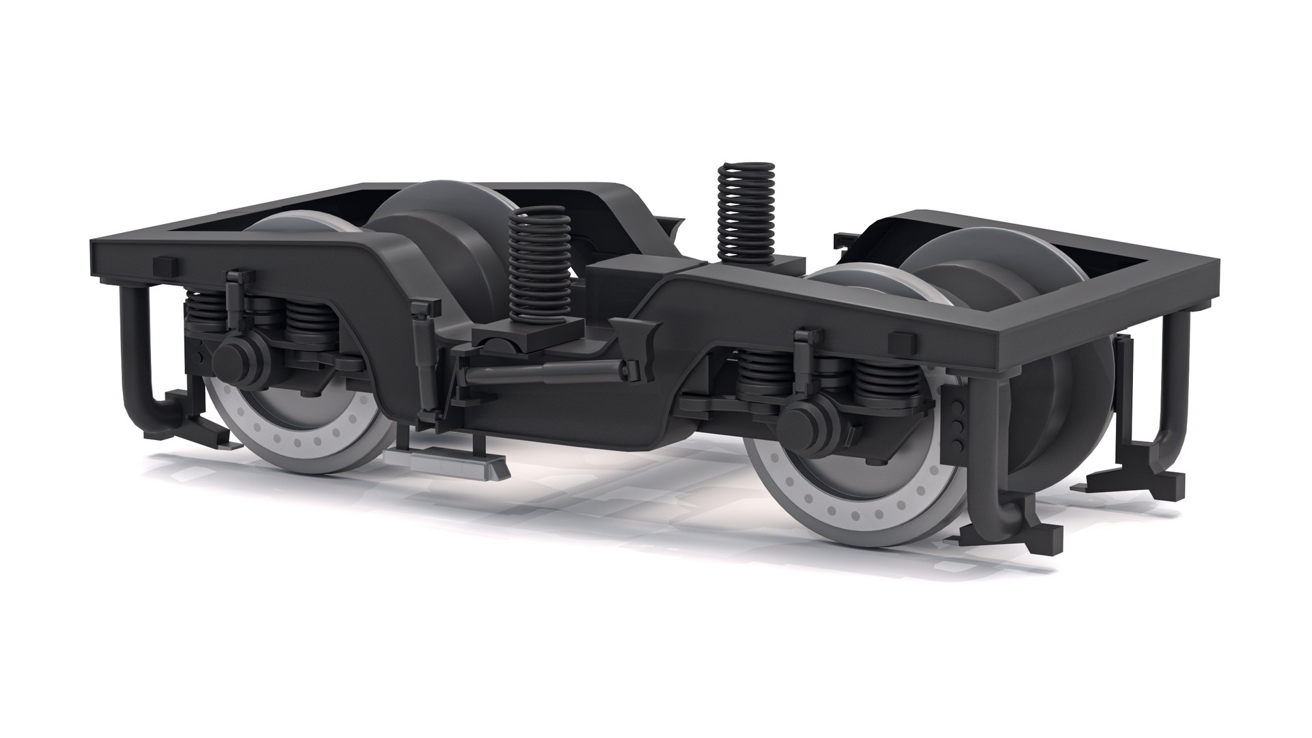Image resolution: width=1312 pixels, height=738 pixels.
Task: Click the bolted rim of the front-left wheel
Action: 287,437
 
